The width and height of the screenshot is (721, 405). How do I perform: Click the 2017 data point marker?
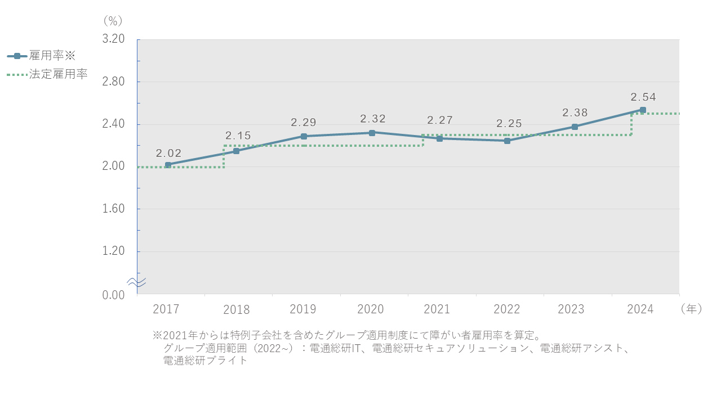[168, 165]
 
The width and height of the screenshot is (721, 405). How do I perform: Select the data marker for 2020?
[372, 133]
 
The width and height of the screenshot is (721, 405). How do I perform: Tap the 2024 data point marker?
[643, 110]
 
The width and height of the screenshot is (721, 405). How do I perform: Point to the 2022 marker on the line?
[507, 141]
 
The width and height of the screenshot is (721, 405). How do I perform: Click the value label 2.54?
[643, 97]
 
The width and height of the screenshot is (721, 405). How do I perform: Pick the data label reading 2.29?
[304, 122]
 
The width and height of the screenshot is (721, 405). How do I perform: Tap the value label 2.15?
[238, 136]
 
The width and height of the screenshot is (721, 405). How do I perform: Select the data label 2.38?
[575, 113]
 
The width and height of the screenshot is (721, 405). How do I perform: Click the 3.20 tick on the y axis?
[113, 39]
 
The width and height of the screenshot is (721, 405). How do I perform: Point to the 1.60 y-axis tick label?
[113, 209]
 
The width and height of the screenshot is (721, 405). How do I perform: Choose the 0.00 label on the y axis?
[113, 295]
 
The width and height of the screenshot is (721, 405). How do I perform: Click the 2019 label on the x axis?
[303, 309]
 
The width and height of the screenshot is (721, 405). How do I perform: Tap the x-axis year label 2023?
[571, 309]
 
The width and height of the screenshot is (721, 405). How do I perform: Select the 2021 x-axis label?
[437, 309]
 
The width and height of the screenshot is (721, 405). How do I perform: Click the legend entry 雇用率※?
[52, 56]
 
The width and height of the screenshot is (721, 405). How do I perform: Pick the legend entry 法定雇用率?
[58, 74]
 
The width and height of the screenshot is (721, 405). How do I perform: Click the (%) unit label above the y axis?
[113, 21]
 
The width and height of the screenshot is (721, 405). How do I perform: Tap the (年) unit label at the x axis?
[691, 309]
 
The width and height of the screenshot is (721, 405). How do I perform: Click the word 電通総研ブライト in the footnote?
[205, 361]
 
